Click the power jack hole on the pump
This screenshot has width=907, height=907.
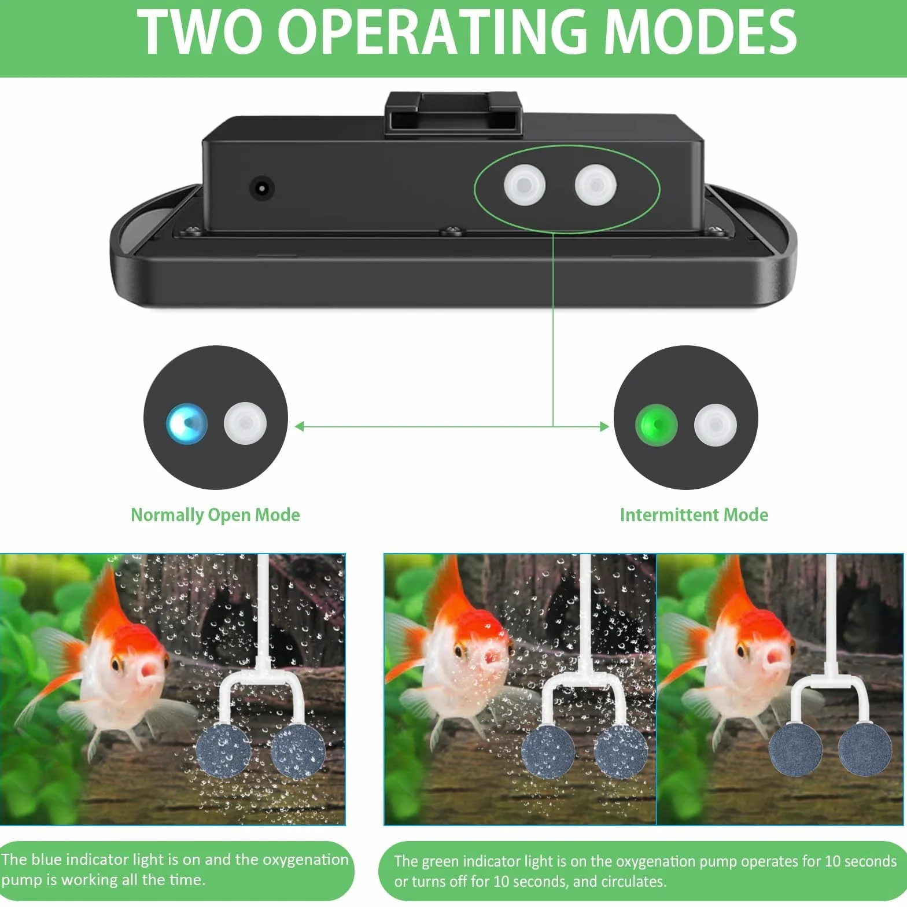coord(261,188)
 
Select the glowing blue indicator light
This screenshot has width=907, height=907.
coord(187,423)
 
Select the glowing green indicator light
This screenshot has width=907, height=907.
coord(657,425)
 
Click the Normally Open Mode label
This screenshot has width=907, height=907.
coord(215,515)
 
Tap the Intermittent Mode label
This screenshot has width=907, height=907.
coord(694,515)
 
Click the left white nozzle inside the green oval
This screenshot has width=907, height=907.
coord(525,185)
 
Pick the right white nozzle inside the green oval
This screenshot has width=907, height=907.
coord(596,185)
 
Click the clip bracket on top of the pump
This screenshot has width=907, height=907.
coord(454,113)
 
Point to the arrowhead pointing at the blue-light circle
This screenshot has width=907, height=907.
coord(299,427)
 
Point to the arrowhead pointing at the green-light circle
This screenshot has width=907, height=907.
coord(605,427)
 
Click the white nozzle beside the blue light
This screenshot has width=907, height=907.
coord(245,423)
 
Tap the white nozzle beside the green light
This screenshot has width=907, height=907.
coord(716,425)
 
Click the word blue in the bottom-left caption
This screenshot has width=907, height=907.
coord(44,860)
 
